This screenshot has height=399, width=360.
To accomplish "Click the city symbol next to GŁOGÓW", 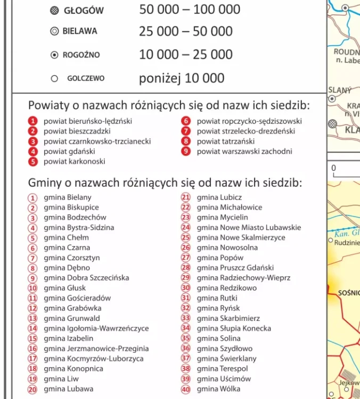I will [54, 11].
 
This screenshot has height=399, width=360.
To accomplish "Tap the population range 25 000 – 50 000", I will [185, 31].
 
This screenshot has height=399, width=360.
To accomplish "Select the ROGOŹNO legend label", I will [81, 55].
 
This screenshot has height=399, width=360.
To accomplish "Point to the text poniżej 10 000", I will [182, 78].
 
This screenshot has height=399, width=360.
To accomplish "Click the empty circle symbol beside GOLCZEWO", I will [54, 78].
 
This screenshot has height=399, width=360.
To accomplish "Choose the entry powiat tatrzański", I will [225, 142].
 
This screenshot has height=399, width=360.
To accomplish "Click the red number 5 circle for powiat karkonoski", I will [33, 162].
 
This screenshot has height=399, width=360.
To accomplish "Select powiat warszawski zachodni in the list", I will [244, 152].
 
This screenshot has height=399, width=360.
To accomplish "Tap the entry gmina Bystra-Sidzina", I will [79, 228].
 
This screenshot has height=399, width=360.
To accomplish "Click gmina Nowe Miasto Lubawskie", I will [249, 228].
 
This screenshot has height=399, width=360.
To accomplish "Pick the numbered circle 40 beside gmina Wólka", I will [186, 389].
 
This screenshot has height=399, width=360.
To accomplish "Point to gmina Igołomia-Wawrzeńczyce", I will [96, 329].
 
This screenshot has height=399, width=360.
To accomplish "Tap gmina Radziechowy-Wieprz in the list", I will [243, 278].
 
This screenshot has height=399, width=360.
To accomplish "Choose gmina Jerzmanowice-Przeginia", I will [96, 349].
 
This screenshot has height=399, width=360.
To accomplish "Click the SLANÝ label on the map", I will [339, 90].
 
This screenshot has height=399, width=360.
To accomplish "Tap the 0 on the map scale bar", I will [334, 168].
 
